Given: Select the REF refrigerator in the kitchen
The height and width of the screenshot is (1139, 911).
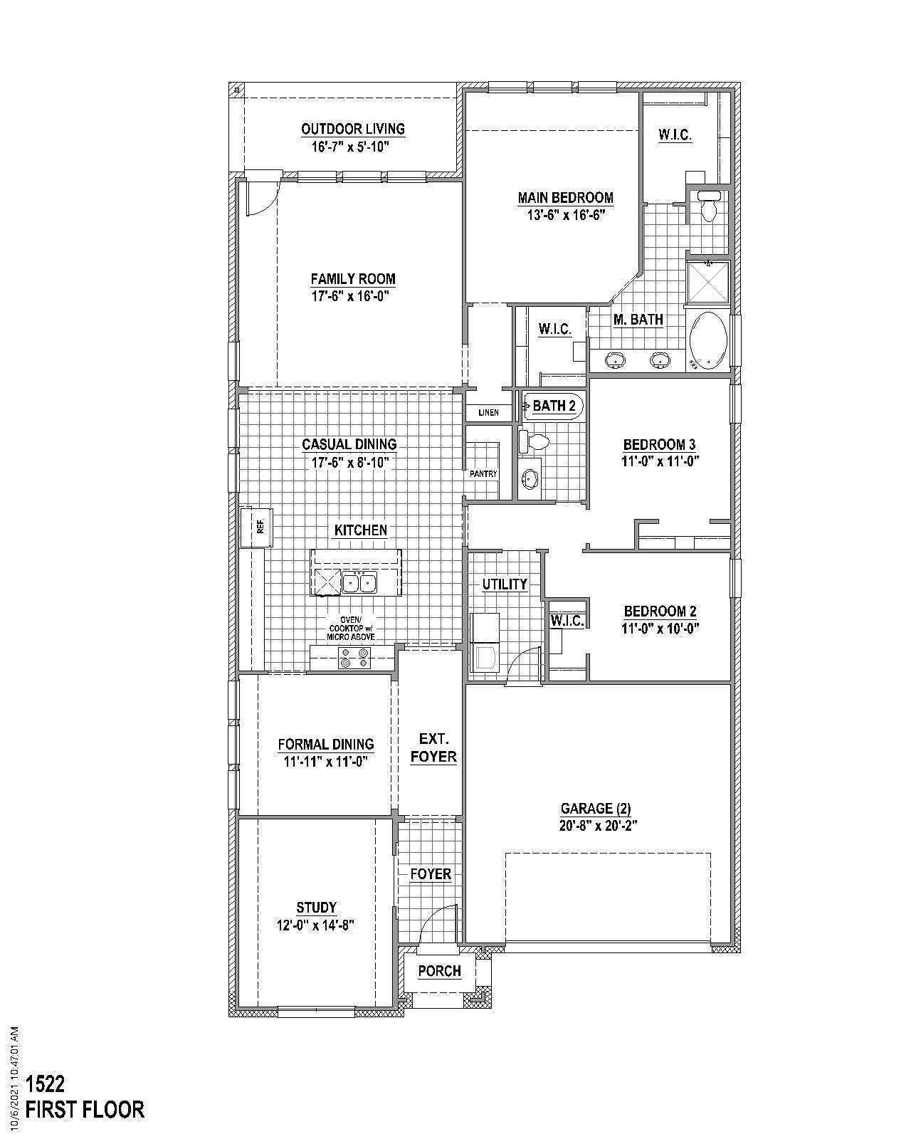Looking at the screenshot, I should [256, 527].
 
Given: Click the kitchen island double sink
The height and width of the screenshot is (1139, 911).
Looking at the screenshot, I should [359, 583].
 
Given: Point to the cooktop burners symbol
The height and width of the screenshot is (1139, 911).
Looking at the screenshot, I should [354, 658].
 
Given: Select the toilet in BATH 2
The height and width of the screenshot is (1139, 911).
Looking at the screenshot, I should [532, 441].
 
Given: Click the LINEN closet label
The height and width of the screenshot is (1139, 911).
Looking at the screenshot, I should [488, 413].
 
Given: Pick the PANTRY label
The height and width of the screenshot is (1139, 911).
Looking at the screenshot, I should [483, 473].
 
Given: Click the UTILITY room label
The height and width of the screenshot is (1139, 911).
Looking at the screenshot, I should [505, 584].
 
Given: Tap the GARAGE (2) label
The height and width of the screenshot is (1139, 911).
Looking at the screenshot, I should [596, 808].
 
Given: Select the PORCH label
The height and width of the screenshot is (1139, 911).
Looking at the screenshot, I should [439, 971].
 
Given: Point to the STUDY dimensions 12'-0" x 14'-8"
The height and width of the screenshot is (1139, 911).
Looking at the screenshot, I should [316, 925].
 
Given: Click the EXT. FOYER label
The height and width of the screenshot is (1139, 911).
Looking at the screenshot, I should [433, 747].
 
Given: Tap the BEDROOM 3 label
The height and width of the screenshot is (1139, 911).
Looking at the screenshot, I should [659, 445].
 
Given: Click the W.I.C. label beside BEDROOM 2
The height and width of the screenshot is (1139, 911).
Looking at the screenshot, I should [567, 621].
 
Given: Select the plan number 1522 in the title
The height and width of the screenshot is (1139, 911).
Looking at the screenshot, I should [46, 1084].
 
